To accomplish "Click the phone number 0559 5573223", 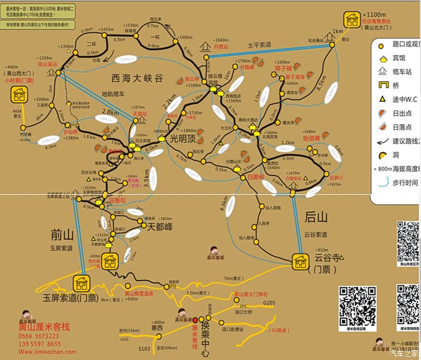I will [40, 337].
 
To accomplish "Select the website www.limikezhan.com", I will [42, 352].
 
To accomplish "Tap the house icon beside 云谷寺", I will [300, 261].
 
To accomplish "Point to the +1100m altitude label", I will [374, 15].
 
